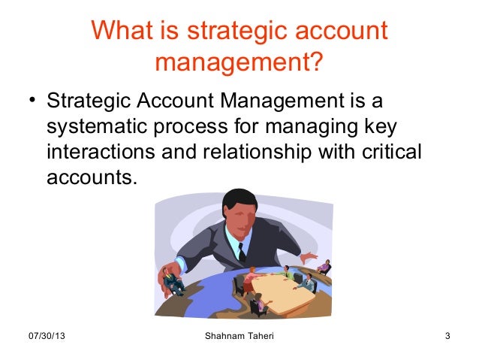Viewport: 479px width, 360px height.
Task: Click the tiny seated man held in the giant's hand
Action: [172, 282]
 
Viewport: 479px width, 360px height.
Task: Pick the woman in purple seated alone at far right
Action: [324, 267]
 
